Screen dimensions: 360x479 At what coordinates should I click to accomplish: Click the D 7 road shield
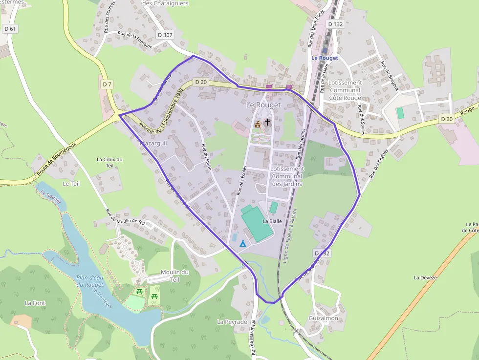[x=107, y=85]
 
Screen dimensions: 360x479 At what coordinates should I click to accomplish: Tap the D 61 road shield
[x=10, y=29]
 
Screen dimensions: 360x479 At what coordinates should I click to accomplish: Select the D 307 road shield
[x=166, y=35]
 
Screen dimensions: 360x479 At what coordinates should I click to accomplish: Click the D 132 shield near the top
[x=336, y=24]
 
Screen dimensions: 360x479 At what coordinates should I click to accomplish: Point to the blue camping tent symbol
[x=242, y=243]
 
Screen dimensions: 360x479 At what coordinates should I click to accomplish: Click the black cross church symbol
[x=267, y=122]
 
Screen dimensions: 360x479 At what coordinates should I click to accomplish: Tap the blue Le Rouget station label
[x=325, y=58]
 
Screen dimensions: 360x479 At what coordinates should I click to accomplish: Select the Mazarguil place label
[x=154, y=144]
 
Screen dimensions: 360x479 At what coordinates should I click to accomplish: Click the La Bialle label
[x=273, y=221]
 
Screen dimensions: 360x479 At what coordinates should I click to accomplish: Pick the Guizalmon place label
[x=323, y=318]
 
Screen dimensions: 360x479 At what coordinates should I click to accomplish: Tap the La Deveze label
[x=425, y=277]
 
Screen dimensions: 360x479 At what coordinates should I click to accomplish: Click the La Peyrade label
[x=232, y=322]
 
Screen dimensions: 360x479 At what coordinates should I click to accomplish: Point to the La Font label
[x=35, y=303]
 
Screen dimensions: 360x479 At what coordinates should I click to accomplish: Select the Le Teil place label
[x=71, y=183]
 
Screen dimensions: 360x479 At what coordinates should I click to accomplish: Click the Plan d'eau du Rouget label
[x=90, y=281]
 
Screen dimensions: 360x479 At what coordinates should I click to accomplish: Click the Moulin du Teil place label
[x=174, y=275]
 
